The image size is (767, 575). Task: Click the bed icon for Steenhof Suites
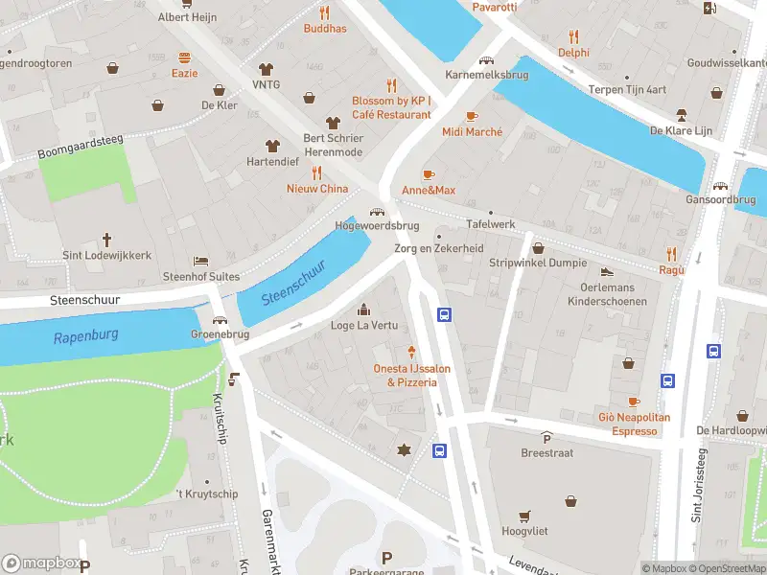pos(199,260)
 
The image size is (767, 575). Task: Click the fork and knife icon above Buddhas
pos(324,12)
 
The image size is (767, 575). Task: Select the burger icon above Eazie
pos(184,57)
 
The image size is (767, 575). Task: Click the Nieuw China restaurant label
pos(317,189)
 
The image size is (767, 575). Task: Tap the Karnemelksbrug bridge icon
pos(486,59)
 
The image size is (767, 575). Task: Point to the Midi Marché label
pos(472,131)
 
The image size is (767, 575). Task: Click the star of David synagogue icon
pos(404,449)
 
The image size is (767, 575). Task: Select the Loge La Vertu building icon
pos(363,309)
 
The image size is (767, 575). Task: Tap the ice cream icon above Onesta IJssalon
pos(412,352)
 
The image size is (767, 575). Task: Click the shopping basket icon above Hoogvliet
pos(523,516)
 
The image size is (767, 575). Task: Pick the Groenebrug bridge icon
pos(220,321)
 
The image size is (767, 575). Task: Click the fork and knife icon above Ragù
pos(671,254)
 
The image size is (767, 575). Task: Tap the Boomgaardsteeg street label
pos(82,147)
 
